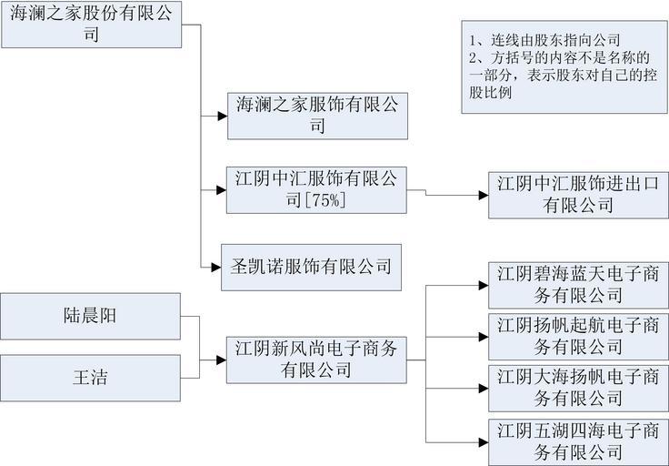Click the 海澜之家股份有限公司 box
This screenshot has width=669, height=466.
[100, 25]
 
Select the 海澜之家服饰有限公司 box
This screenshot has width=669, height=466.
[313, 115]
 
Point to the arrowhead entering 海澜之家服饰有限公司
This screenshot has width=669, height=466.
[221, 116]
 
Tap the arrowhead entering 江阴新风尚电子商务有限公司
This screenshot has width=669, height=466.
[221, 359]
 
